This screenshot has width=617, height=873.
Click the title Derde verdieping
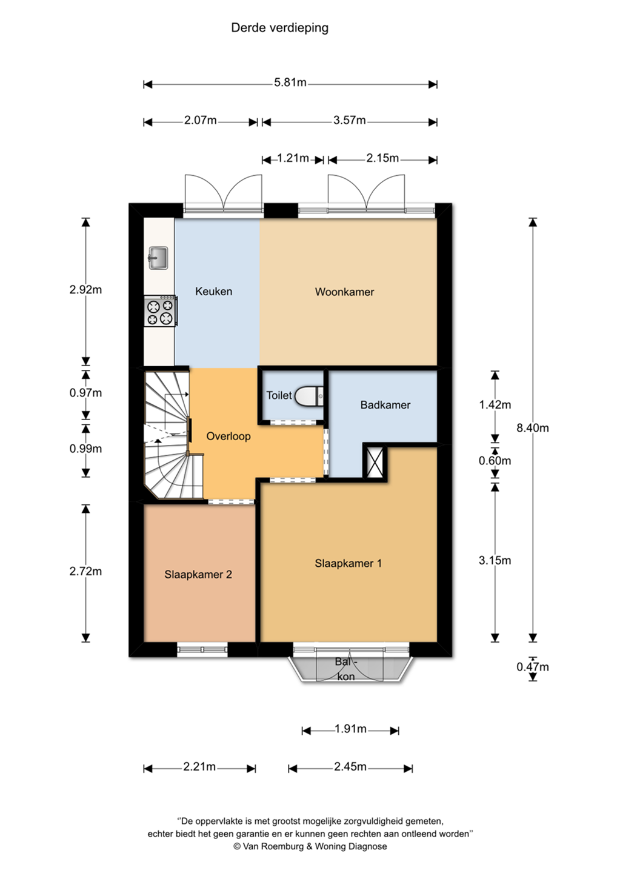279,28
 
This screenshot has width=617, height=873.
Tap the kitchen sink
158,258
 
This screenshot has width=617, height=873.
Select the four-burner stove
161,311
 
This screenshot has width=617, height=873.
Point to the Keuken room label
213,291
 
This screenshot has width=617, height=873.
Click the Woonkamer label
344,292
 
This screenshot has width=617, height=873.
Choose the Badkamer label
385,405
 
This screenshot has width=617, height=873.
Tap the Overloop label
228,436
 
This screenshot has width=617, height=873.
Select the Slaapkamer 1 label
349,563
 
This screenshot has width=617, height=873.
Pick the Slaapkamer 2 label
198,575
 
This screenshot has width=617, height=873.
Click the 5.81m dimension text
290,82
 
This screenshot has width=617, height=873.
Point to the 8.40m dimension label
533,428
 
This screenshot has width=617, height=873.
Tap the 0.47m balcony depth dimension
533,667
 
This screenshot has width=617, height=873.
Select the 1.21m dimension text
293,158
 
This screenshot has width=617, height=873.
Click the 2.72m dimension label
85,571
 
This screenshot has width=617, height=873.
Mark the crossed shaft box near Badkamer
375,463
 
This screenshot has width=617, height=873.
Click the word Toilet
279,395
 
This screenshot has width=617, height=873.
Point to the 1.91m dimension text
350,729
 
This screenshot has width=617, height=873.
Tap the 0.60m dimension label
495,461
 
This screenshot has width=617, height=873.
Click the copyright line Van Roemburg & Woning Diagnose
310,846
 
